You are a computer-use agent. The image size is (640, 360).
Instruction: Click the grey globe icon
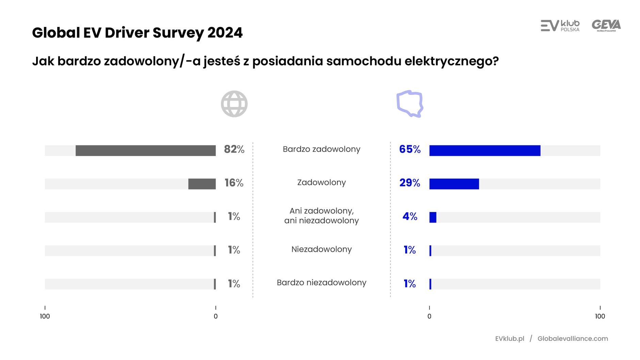tap(234, 104)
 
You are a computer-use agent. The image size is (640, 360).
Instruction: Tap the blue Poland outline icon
tap(410, 104)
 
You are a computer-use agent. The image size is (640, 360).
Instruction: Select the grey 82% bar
tap(145, 150)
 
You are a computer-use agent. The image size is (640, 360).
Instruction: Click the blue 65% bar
tap(484, 150)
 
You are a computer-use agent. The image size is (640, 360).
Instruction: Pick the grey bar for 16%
tap(202, 184)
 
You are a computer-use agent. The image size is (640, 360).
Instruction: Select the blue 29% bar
tap(454, 184)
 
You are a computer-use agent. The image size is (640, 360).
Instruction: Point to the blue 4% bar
tap(433, 217)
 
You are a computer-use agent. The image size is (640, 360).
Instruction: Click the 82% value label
tap(234, 149)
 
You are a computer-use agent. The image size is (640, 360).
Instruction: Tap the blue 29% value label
tap(410, 183)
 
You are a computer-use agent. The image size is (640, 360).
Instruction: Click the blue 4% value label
tap(410, 216)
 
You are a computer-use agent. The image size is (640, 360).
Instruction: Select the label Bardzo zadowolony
tap(321, 149)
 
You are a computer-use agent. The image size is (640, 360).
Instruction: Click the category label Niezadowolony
tap(321, 249)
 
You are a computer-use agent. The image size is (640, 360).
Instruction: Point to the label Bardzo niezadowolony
tap(321, 282)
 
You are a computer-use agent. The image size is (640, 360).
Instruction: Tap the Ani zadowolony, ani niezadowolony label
tap(321, 216)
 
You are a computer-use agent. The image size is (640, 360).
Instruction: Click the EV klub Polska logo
tap(560, 26)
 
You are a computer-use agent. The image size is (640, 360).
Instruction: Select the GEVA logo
tap(606, 26)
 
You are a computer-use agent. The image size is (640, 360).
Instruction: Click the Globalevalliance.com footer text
tap(573, 339)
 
